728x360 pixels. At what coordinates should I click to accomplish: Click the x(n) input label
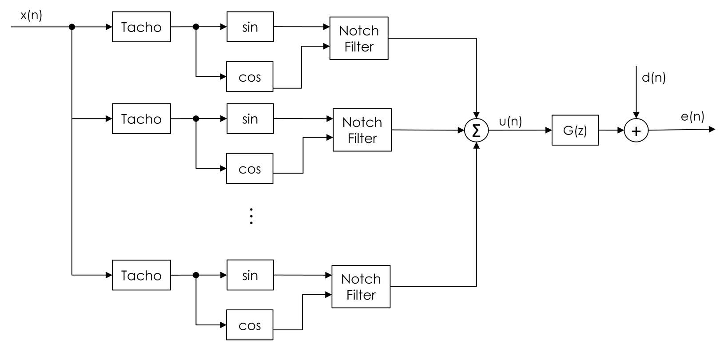point(31,16)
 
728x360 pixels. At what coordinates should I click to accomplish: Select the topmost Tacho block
point(141,27)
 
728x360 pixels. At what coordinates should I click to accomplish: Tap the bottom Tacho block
point(141,275)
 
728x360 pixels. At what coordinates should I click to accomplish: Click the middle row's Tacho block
point(141,119)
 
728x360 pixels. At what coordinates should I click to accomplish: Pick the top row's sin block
point(250,27)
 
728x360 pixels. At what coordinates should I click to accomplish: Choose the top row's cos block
point(250,77)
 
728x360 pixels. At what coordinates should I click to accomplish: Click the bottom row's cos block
point(250,325)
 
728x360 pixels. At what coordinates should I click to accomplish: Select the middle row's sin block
point(250,119)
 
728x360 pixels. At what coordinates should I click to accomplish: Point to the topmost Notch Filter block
point(359,39)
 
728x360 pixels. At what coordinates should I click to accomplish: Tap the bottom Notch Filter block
point(361,287)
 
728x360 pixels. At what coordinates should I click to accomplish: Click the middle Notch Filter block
point(362,130)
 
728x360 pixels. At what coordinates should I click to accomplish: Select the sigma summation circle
point(476,131)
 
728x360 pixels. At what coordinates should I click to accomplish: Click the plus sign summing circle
point(636,131)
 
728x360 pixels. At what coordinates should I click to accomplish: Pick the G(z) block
point(575,131)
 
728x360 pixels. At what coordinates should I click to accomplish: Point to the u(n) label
point(510,121)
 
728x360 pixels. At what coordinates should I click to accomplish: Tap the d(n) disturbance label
point(653,78)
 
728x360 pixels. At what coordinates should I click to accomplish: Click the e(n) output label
point(692,116)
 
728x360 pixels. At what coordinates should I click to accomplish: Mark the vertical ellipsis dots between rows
point(251,216)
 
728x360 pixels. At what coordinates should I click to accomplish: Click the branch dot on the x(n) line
point(72,27)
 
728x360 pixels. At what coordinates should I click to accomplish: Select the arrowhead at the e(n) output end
point(712,129)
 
